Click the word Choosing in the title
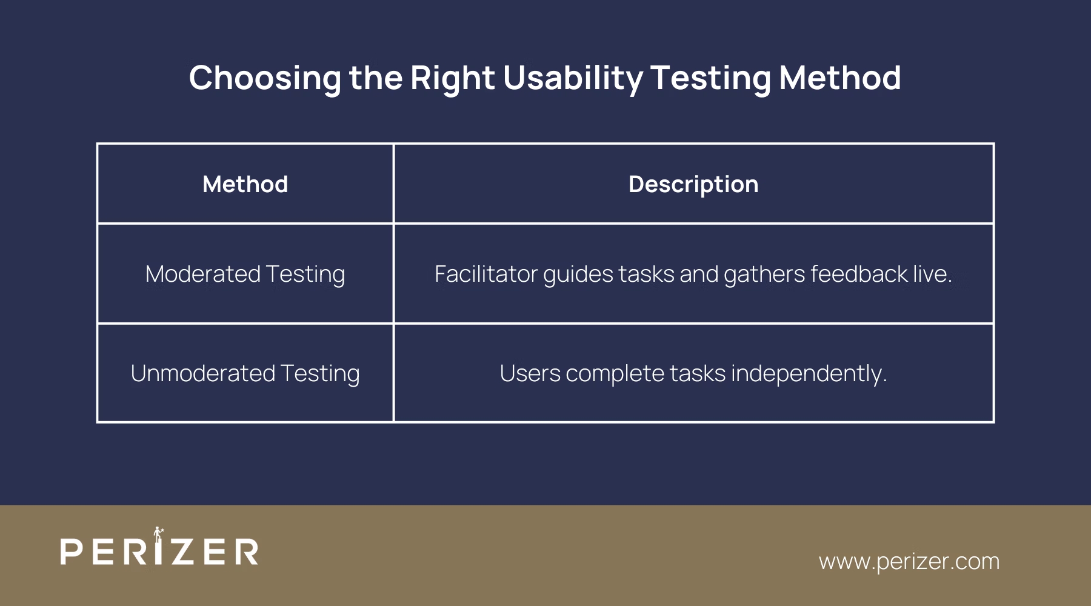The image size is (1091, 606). tap(265, 79)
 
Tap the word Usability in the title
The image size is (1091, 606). tap(572, 79)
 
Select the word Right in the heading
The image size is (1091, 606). tap(452, 79)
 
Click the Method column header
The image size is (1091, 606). tap(245, 184)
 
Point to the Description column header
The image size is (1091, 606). tap(693, 184)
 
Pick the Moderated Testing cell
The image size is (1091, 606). tap(245, 274)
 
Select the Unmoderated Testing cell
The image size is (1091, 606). tap(245, 373)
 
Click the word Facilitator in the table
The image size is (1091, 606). tap(485, 274)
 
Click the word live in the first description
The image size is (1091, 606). tap(932, 274)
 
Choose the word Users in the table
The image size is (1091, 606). tap(530, 373)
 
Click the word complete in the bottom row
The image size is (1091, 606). tap(615, 373)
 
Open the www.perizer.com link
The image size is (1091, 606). tap(909, 561)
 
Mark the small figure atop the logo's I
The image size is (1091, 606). tap(158, 533)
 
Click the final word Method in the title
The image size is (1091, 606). tap(839, 79)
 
